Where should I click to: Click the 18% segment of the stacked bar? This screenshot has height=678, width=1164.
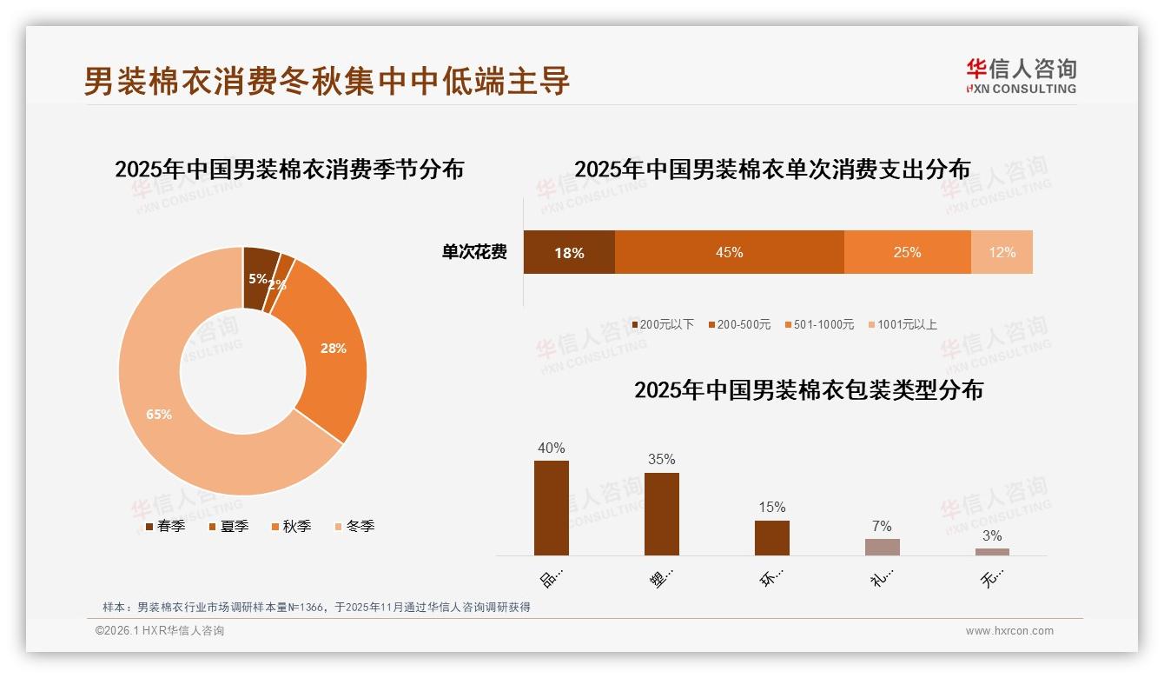click(x=569, y=252)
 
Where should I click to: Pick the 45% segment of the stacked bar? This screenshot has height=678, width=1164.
click(x=729, y=252)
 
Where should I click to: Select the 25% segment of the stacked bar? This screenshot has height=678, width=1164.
click(x=907, y=252)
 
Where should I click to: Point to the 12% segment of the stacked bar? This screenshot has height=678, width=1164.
click(x=1002, y=252)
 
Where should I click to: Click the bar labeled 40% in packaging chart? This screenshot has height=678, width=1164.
click(x=552, y=508)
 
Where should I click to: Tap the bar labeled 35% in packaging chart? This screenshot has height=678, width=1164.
click(x=662, y=514)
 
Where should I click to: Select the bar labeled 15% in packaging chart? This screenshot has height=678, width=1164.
click(x=772, y=537)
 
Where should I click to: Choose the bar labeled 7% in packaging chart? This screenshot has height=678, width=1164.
click(x=882, y=547)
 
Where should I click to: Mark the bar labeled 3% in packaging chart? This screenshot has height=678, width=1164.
click(x=992, y=551)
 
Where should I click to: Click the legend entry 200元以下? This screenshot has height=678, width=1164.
click(x=663, y=324)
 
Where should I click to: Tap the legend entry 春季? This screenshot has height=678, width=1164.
click(x=165, y=526)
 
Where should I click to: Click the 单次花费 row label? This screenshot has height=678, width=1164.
click(x=474, y=252)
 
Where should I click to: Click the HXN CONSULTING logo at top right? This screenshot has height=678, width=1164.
click(x=1021, y=76)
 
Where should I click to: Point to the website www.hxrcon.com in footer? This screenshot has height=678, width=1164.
click(x=1009, y=631)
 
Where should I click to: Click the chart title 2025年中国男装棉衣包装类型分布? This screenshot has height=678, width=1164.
click(x=808, y=390)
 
